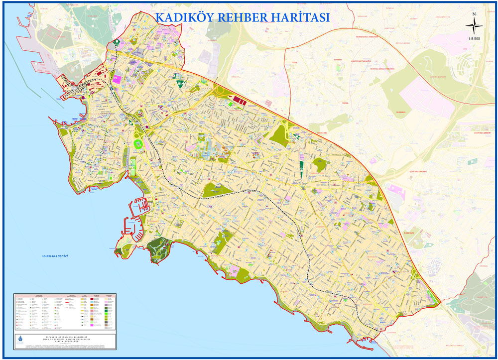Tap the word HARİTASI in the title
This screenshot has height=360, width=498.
pos(301,16)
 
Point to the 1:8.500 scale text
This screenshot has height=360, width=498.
pos(474,39)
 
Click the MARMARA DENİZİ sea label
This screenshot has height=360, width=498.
pos(55,256)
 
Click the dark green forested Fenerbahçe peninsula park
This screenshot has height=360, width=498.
pos(158,249)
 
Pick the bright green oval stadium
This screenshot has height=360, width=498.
pos(138,144)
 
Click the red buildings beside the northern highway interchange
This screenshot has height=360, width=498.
pos(241,101)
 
